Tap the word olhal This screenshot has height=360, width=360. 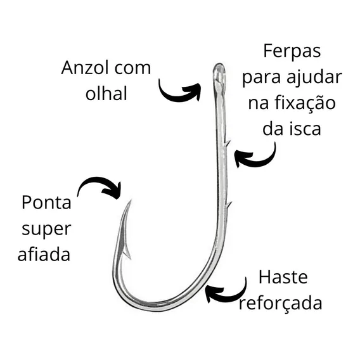pyautogui.click(x=106, y=93)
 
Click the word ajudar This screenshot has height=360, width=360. pyautogui.click(x=314, y=77)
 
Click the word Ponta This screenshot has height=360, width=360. pyautogui.click(x=46, y=202)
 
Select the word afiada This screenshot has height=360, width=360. pyautogui.click(x=44, y=254)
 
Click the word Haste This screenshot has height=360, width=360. pyautogui.click(x=283, y=277)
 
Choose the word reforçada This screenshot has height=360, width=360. pyautogui.click(x=281, y=303)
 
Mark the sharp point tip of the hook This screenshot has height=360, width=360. pyautogui.click(x=131, y=201)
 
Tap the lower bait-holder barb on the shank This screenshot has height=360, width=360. pyautogui.click(x=228, y=204)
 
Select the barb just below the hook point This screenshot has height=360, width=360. pyautogui.click(x=127, y=254)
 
